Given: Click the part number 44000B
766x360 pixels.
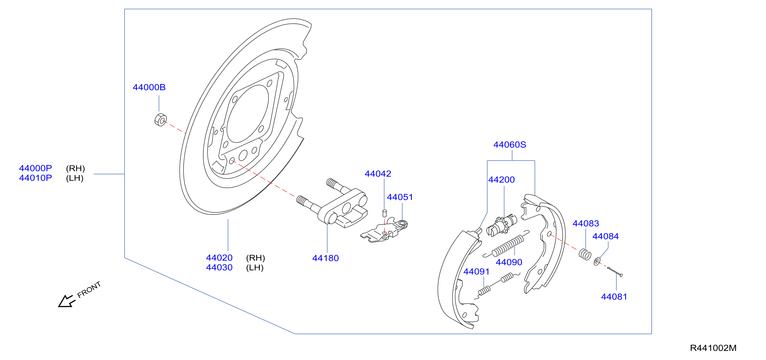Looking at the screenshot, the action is click(149, 87).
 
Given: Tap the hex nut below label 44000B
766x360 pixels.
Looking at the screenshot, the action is click(161, 120).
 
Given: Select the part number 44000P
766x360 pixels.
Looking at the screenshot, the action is click(35, 168).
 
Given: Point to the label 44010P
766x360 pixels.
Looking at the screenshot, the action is click(35, 178).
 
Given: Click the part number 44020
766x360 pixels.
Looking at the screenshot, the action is click(219, 258).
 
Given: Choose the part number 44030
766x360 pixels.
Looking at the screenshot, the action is click(219, 268).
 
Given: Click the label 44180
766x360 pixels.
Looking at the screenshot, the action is click(325, 258).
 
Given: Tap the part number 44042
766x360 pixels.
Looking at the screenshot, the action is click(378, 174).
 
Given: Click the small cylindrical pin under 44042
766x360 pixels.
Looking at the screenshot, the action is click(384, 213).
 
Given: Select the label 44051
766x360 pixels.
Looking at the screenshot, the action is click(400, 197).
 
